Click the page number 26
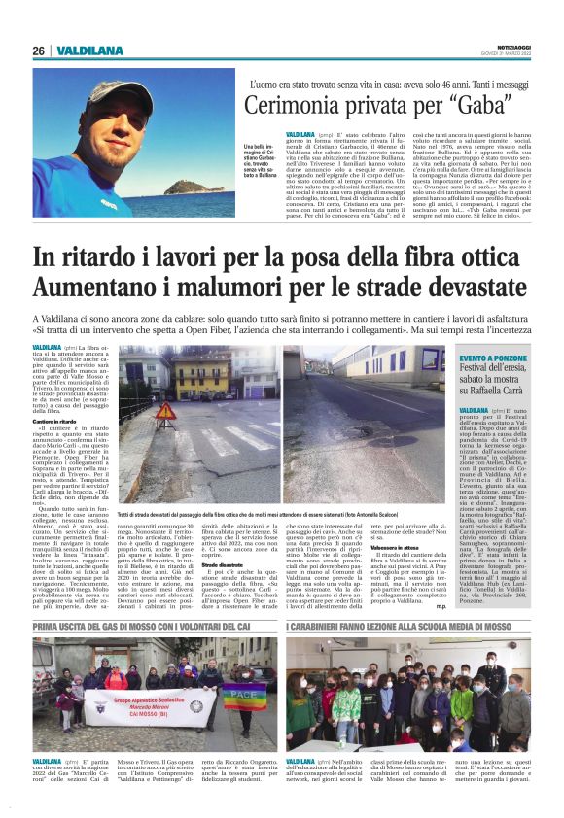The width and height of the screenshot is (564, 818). [x=38, y=51]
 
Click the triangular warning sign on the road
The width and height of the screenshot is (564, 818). [x=165, y=413]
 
